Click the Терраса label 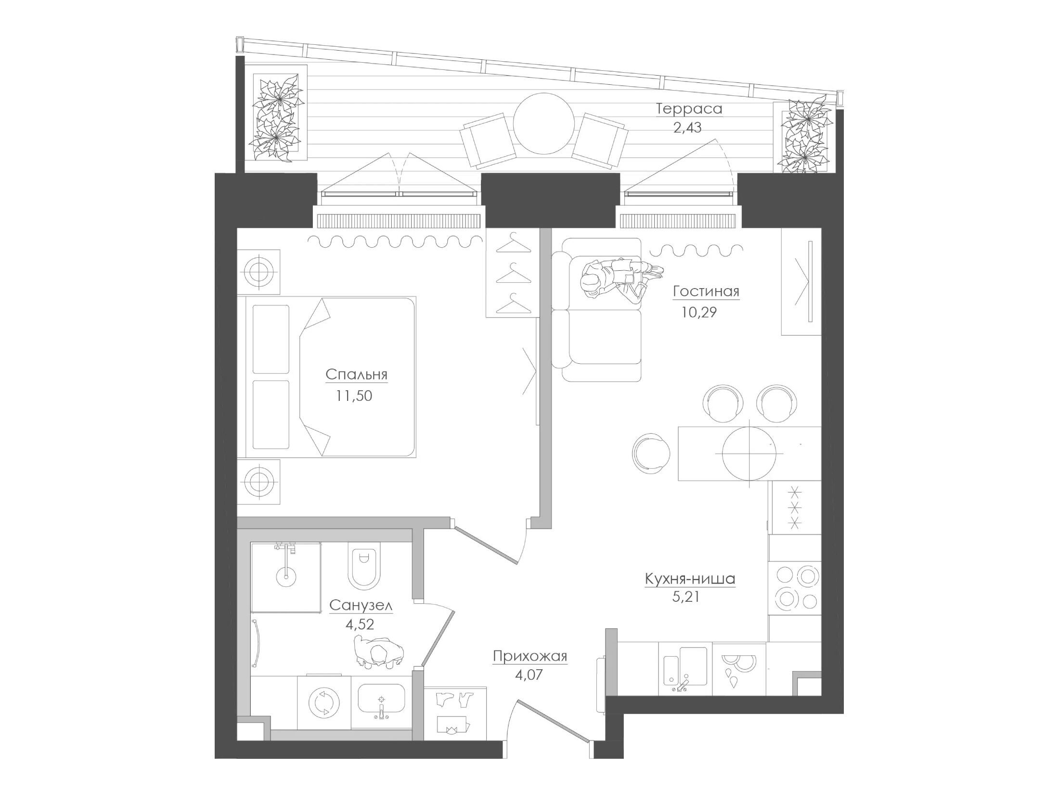pyautogui.click(x=689, y=109)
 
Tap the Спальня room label pyautogui.click(x=356, y=374)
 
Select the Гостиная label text pyautogui.click(x=706, y=291)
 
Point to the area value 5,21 pyautogui.click(x=685, y=597)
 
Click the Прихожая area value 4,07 pyautogui.click(x=529, y=675)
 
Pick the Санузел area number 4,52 pyautogui.click(x=360, y=624)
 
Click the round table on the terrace pyautogui.click(x=544, y=123)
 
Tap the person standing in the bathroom pyautogui.click(x=378, y=651)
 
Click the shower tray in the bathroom pyautogui.click(x=286, y=577)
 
